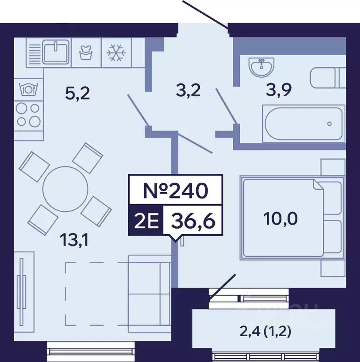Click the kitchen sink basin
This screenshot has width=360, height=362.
point(57,52)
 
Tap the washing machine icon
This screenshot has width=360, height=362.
point(86,53)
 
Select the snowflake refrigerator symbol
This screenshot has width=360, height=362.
point(116,53)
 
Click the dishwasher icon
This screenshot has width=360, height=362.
point(29,89)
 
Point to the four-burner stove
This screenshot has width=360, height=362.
point(29,115)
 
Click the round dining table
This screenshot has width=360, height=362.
point(65,189)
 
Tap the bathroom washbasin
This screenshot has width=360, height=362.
point(262,67)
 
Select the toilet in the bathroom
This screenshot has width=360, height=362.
point(327,78)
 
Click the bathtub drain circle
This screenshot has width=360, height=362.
point(329,124)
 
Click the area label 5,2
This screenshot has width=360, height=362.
point(77,94)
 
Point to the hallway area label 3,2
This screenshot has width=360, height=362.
point(188,90)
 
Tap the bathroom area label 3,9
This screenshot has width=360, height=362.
point(279,90)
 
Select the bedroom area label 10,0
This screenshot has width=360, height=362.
point(280,219)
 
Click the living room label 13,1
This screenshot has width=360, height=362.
point(74,240)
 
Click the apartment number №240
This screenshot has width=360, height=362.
point(176,190)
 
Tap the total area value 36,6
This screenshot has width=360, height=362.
point(193,220)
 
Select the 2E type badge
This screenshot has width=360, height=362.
point(146,221)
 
